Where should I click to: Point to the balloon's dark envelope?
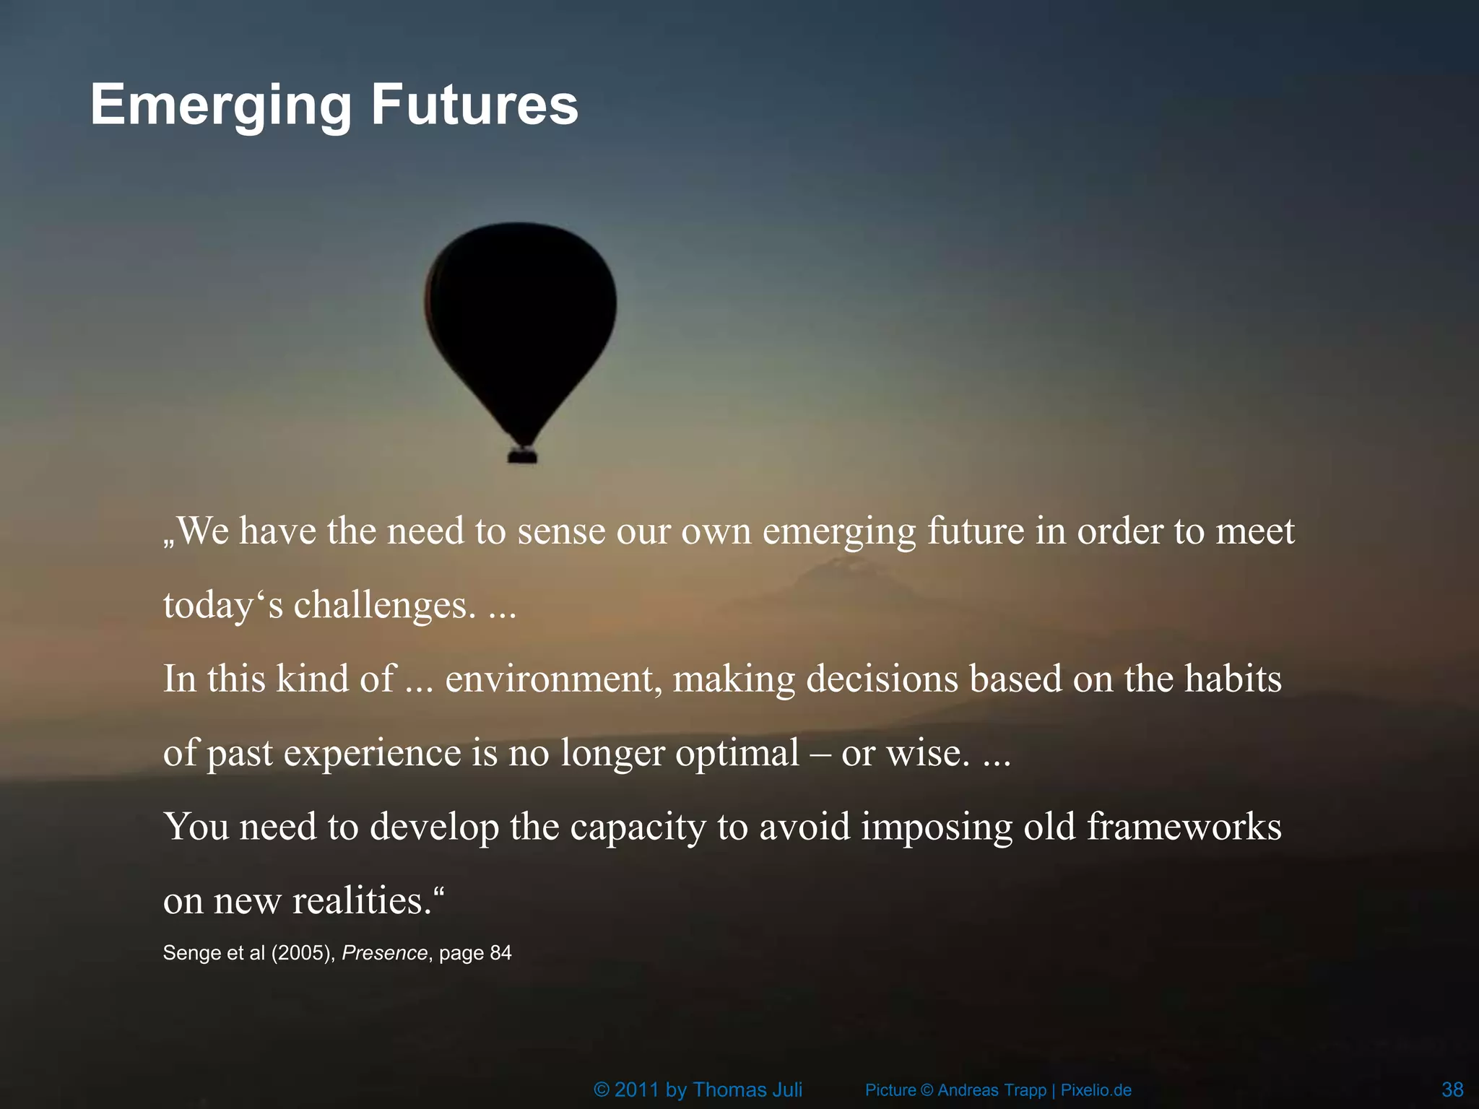[x=521, y=310]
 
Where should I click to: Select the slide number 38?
[x=1452, y=1089]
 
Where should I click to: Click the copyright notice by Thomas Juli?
[x=698, y=1090]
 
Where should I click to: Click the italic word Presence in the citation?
[x=385, y=953]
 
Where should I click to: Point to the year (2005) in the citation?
[x=303, y=953]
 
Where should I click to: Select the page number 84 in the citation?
[x=500, y=953]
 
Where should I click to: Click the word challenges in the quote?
[x=384, y=605]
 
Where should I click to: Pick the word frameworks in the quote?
[x=1184, y=826]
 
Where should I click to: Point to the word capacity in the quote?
[x=638, y=827]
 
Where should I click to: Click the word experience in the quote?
[x=372, y=753]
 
